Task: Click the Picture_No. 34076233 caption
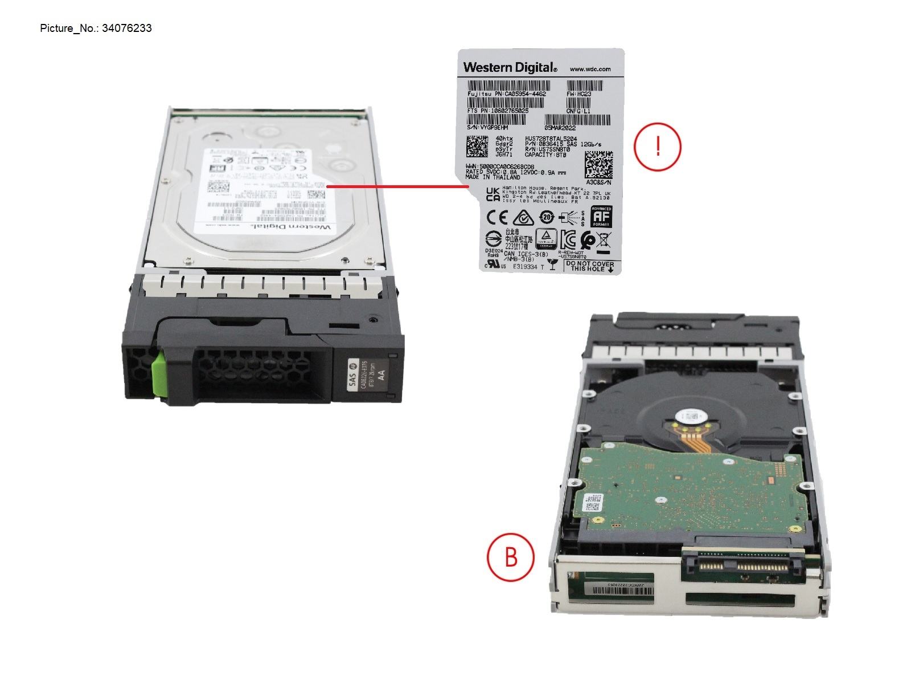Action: (96, 28)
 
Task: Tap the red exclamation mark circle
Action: (658, 147)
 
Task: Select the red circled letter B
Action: (511, 556)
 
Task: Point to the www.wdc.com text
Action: (590, 69)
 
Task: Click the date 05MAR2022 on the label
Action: (560, 128)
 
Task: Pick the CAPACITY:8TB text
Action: (545, 154)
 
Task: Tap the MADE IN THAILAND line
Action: (493, 177)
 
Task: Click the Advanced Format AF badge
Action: (601, 217)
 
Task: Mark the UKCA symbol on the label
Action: (493, 194)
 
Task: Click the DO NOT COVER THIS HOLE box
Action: (590, 266)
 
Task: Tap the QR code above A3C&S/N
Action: (598, 165)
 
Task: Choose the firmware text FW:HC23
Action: (579, 94)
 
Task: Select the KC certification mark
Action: (569, 239)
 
